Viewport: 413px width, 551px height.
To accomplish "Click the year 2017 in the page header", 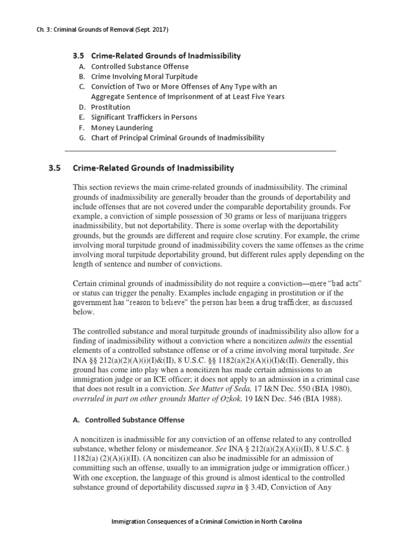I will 159,30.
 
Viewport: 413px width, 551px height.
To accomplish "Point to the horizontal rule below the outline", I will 200,151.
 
